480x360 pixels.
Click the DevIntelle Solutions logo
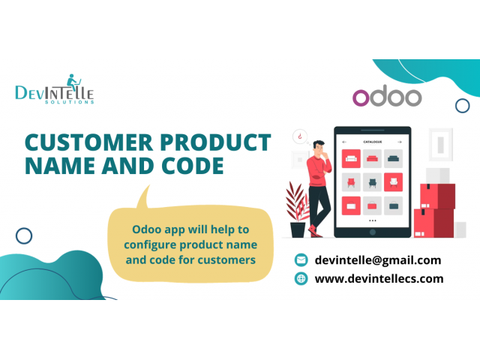(x=55, y=89)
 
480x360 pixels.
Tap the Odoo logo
(x=387, y=96)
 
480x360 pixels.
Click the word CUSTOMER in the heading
(x=88, y=142)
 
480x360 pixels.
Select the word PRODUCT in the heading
(x=215, y=142)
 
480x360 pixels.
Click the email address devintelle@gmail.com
(x=378, y=260)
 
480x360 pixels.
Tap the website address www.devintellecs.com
(x=379, y=278)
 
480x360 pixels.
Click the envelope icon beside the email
(x=301, y=260)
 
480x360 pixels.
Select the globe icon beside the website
(x=301, y=278)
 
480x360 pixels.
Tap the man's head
(x=319, y=148)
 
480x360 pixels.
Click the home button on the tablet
(x=373, y=232)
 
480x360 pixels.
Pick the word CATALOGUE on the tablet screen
(x=373, y=142)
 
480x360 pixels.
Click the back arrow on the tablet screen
(x=344, y=142)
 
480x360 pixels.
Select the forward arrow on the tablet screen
(x=400, y=142)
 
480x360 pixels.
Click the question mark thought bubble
(x=300, y=136)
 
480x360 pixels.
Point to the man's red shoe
(x=314, y=231)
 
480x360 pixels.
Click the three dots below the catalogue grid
(x=373, y=220)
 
